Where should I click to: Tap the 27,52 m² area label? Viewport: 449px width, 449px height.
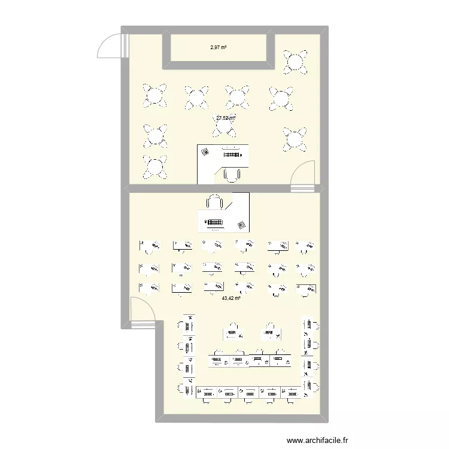[x=226, y=118]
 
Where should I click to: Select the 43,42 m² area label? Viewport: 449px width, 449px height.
[x=231, y=298]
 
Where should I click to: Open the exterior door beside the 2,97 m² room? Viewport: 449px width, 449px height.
[x=113, y=45]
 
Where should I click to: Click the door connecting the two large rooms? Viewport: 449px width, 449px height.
[x=302, y=177]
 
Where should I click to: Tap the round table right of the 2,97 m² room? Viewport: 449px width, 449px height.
[x=296, y=61]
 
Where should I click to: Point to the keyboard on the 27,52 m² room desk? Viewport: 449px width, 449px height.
[x=235, y=154]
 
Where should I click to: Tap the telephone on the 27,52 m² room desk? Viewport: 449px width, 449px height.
[x=205, y=152]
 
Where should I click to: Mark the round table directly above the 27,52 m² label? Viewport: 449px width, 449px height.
[x=237, y=96]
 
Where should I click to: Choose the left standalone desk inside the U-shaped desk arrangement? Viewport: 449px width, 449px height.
[x=233, y=331]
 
